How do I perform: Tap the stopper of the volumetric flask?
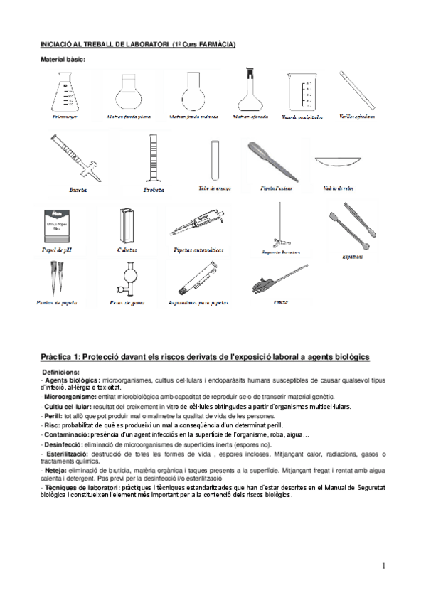pos(250,72)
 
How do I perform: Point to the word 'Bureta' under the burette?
pos(78,191)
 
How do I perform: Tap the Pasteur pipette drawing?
pos(269,161)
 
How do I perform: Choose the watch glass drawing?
pos(337,164)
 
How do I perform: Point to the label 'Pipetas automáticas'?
pos(198,250)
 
